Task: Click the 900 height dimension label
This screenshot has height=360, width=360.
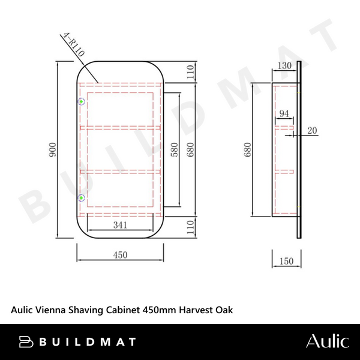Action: click(x=53, y=149)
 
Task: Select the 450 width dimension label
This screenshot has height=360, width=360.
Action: click(x=120, y=255)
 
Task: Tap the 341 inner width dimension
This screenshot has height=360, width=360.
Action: click(x=120, y=225)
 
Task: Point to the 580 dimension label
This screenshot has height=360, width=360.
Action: click(x=175, y=149)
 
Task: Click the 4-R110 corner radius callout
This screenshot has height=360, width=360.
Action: click(x=73, y=44)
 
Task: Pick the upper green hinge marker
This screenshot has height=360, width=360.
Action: click(x=81, y=101)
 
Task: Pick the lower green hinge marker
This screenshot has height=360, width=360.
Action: click(x=81, y=197)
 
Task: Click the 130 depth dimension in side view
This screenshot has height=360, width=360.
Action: click(x=284, y=65)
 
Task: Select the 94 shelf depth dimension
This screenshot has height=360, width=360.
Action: click(x=284, y=113)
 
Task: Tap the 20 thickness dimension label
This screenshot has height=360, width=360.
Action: click(x=312, y=131)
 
